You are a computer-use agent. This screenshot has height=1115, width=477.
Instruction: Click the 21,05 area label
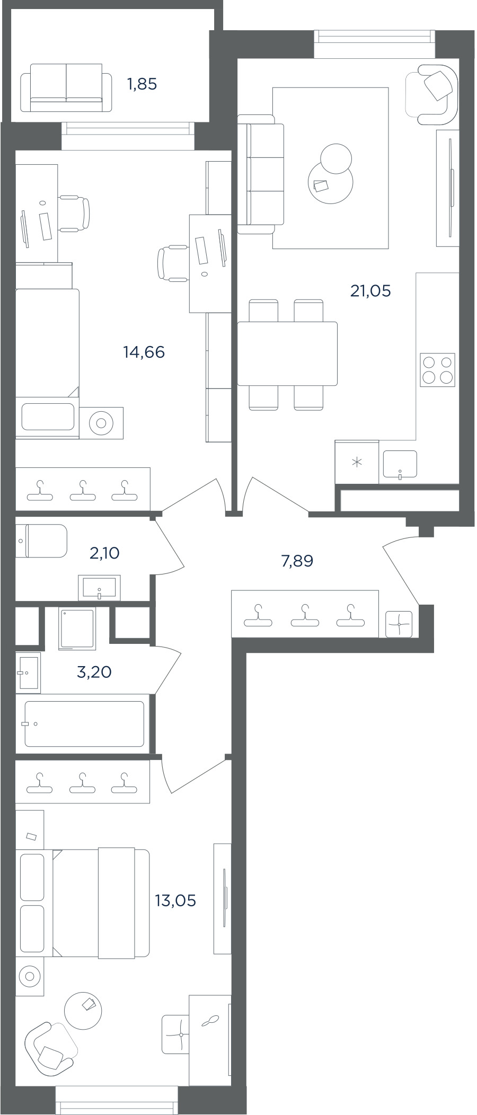pos(370,290)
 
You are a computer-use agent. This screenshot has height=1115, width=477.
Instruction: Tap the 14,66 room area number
pos(144,352)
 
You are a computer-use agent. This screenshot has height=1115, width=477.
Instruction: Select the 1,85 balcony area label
pos(142,84)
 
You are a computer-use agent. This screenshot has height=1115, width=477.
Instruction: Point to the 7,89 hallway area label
pos(297,561)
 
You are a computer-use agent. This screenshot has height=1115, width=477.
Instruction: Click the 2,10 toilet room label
pos(104,553)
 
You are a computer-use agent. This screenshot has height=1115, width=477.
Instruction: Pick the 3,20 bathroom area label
pos(94,672)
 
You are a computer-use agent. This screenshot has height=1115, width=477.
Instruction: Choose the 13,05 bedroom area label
pos(175,900)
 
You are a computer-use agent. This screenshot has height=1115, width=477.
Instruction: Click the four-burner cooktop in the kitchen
pos(438,370)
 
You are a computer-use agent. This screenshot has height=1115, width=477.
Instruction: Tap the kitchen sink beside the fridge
pos(400,465)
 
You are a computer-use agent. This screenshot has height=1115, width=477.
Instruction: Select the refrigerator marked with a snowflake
pos(357,462)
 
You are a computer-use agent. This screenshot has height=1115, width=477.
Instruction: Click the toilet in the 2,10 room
pos(41,541)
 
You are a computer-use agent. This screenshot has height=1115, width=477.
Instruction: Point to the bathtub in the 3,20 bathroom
pos(84,724)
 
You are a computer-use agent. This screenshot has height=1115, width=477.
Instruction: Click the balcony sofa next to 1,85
pos(66,87)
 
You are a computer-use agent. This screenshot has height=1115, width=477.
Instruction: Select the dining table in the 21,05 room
pos(287,353)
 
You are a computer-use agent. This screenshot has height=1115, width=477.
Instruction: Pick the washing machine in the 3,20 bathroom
pos(77,629)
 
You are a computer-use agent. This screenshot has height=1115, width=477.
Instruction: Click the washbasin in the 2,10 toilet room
pos(100,588)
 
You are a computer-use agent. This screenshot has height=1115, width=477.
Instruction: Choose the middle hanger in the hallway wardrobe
pos(305,616)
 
